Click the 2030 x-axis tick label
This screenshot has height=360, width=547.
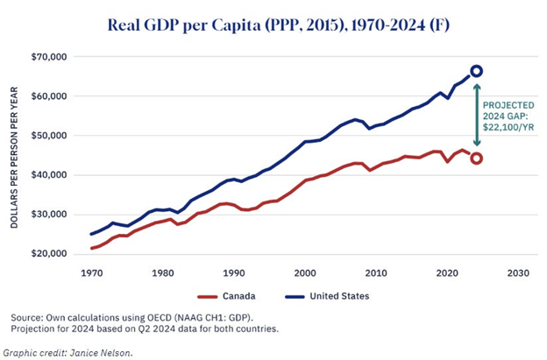[x=517, y=272]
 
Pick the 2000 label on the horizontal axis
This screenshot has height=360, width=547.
[x=304, y=272]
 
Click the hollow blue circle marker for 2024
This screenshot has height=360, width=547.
[x=476, y=71]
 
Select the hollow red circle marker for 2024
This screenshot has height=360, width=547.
[x=476, y=159]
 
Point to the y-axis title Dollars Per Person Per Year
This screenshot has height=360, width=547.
[x=16, y=157]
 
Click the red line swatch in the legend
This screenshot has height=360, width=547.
[x=203, y=296]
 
